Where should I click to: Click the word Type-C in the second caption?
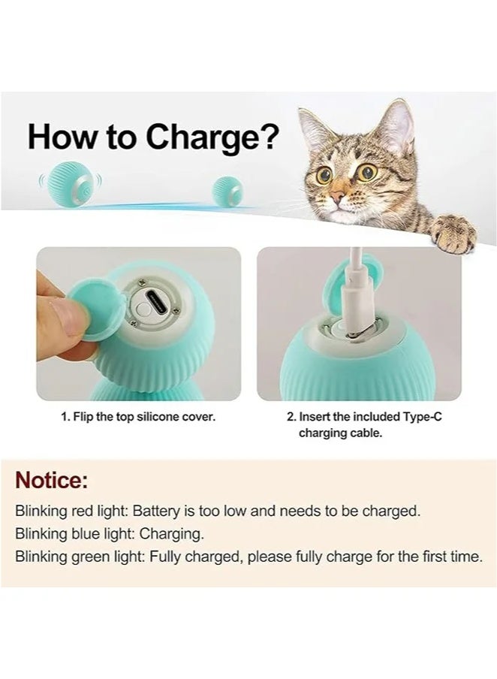click(419, 415)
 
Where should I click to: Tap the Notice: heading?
click(52, 480)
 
